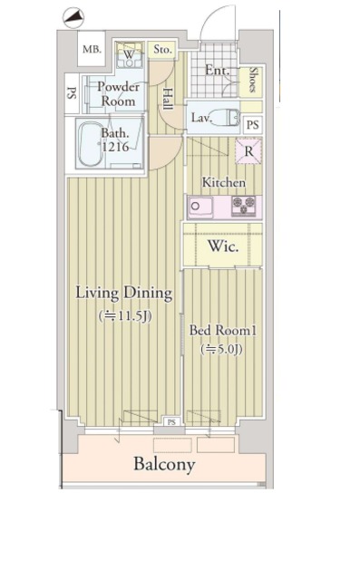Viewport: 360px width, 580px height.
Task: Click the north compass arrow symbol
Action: tap(73, 17)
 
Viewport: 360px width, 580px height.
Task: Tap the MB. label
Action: tap(92, 49)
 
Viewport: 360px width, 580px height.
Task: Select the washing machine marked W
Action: tap(129, 55)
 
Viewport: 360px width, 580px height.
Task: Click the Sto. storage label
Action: tap(163, 49)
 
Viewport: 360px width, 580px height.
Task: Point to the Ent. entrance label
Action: tap(218, 70)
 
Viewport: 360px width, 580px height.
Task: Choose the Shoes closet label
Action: tap(253, 80)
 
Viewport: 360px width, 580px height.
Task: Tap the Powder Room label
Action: tap(119, 94)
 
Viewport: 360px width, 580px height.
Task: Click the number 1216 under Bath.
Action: tap(115, 147)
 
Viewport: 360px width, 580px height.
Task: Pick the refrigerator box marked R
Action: tap(249, 151)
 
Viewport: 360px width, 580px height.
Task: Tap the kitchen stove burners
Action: tap(243, 206)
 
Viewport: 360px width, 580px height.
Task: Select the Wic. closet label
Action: tap(223, 246)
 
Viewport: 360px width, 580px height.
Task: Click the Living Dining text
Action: tap(124, 293)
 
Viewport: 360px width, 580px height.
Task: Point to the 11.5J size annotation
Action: tap(125, 315)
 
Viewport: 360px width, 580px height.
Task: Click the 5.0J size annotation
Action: tap(221, 349)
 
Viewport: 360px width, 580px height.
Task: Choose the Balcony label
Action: tap(164, 464)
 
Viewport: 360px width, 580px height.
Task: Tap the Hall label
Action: tap(168, 99)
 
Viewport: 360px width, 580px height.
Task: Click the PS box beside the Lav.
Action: tap(253, 125)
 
